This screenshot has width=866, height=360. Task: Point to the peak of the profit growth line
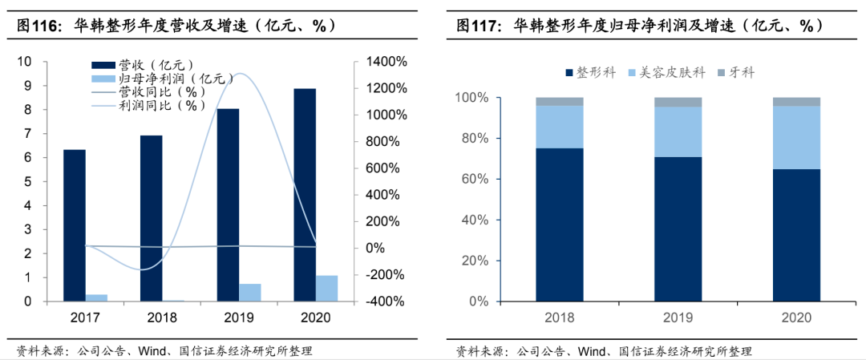[239, 74]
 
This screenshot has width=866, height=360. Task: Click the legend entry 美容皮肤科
[672, 72]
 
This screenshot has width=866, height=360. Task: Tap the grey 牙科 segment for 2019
[678, 102]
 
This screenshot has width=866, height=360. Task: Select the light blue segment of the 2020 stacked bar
[796, 137]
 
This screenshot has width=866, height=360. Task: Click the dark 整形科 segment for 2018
[559, 224]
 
